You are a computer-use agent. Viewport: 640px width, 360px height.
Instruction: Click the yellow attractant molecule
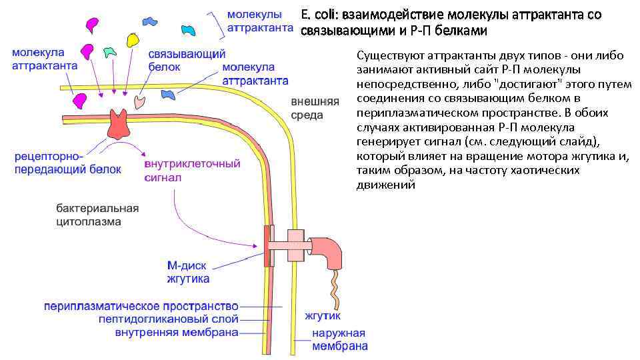click(132, 39)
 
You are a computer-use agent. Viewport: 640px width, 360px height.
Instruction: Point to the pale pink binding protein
click(141, 101)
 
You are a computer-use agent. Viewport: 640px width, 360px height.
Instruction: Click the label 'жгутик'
click(323, 315)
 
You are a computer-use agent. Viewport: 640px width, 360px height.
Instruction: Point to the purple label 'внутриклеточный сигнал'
click(191, 171)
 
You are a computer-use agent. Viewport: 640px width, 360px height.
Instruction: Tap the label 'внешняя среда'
click(315, 109)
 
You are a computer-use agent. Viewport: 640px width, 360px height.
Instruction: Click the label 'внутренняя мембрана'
click(177, 332)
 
